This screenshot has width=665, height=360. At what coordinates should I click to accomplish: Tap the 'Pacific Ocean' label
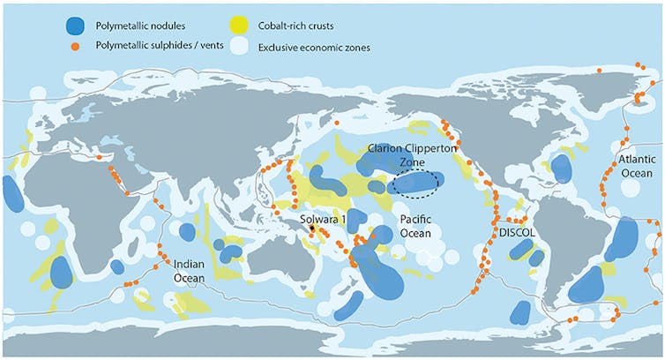point(414,227)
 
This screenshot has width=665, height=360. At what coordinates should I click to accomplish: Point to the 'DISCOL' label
point(518,232)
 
